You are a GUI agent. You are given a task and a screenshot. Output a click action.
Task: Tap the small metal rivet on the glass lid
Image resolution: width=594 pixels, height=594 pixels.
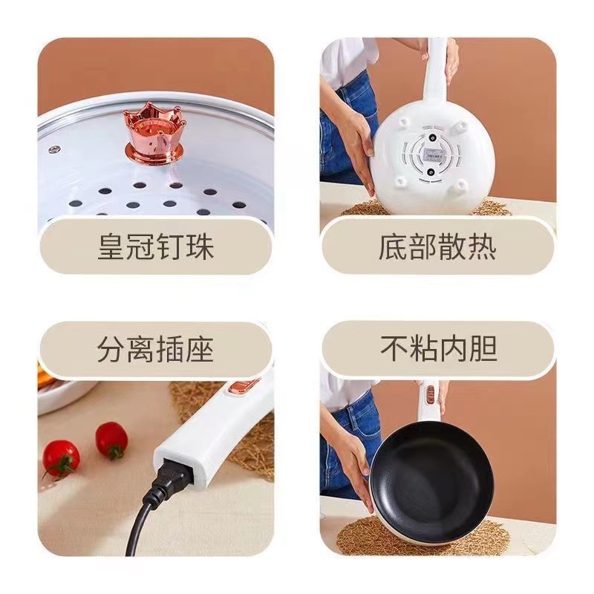coord(53,149)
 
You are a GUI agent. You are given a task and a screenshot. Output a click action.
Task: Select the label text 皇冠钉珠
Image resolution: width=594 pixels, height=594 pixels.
coord(155,247)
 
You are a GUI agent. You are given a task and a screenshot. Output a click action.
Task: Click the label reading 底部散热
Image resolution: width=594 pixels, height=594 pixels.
coord(437,247)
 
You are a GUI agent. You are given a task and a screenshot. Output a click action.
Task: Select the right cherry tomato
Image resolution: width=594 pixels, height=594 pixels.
coord(112,440)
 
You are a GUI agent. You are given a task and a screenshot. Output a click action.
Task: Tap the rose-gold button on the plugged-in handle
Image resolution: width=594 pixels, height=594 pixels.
coord(245,387)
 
